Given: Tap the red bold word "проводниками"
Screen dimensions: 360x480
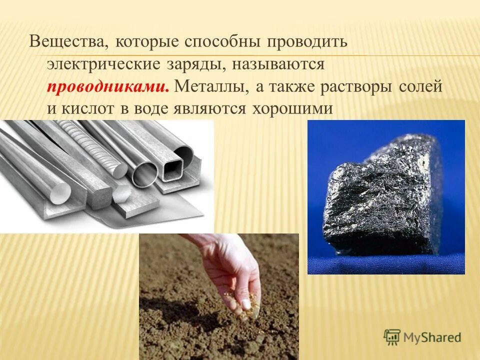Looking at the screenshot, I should point(107,86).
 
